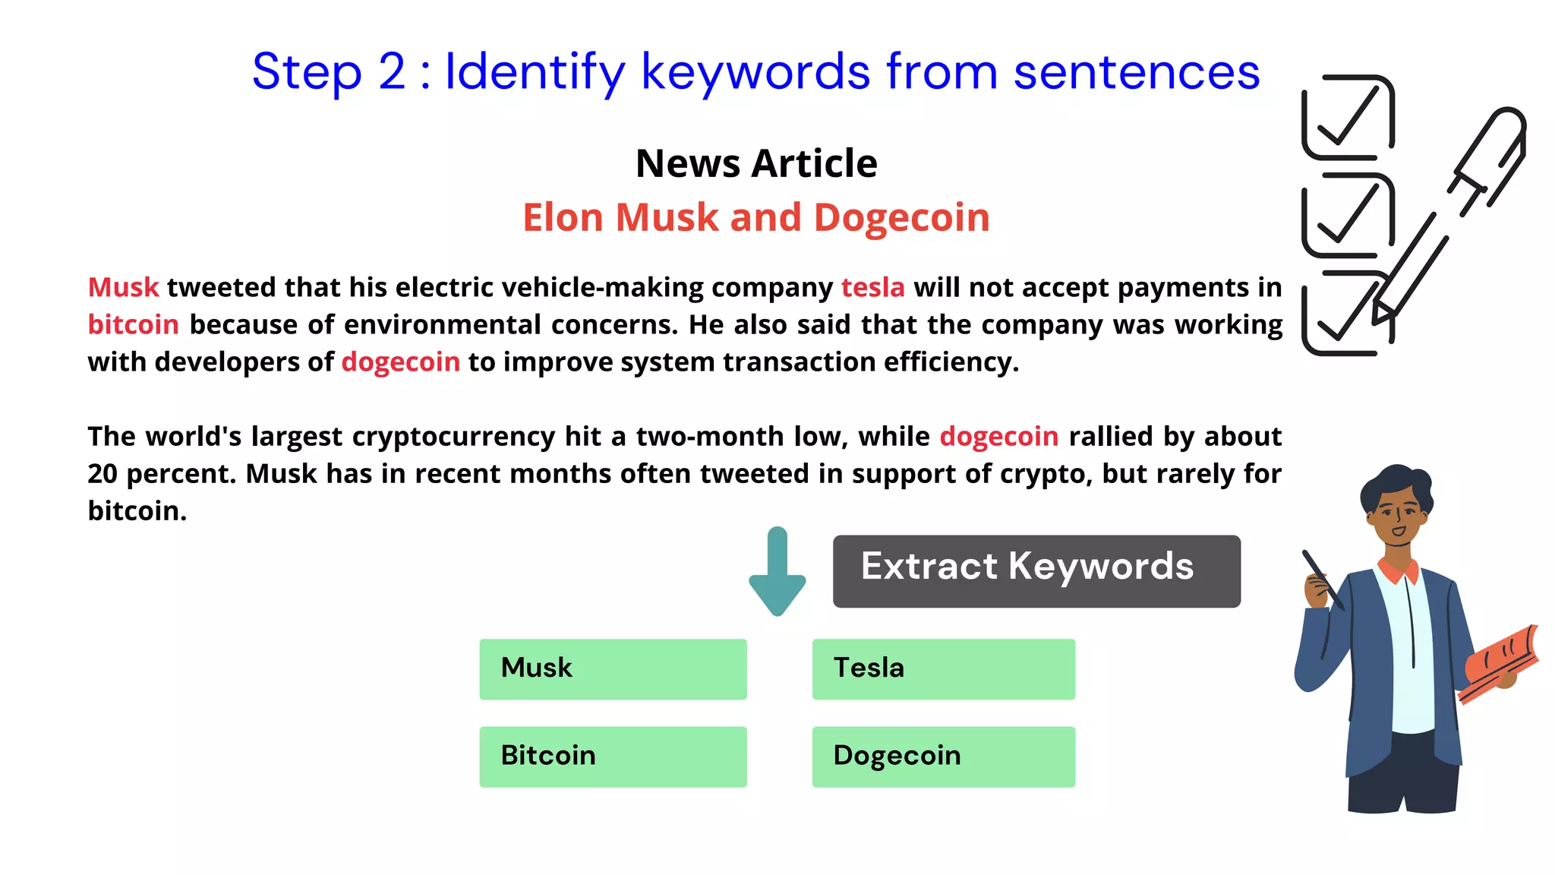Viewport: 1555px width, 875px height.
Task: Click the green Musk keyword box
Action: click(x=613, y=668)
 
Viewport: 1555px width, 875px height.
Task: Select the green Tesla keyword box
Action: click(x=943, y=668)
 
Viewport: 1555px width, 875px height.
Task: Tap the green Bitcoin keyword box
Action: click(x=613, y=757)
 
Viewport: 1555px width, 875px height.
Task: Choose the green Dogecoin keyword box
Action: click(x=943, y=757)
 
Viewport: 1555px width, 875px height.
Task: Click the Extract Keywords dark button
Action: click(x=1036, y=570)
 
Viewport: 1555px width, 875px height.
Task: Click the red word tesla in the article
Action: click(x=872, y=288)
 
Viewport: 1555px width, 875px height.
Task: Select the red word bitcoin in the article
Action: click(x=133, y=325)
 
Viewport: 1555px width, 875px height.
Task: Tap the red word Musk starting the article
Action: click(x=123, y=288)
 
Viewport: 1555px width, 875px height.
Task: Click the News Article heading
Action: click(x=756, y=163)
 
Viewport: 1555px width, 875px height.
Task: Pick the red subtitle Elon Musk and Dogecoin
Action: click(x=756, y=218)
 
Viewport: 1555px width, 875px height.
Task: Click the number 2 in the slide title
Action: click(x=392, y=72)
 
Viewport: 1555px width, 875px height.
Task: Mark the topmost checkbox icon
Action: click(x=1348, y=117)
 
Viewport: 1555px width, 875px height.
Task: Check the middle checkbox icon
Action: click(x=1348, y=215)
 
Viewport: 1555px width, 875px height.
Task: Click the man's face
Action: click(x=1397, y=516)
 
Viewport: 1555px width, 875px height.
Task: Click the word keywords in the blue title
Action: click(x=755, y=72)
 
